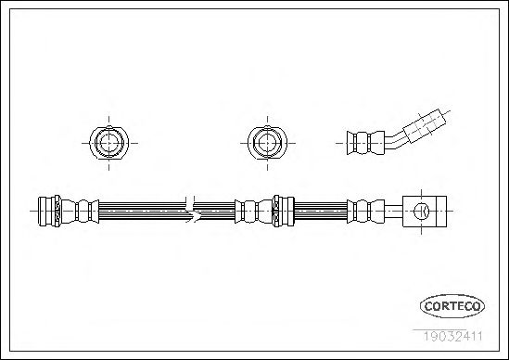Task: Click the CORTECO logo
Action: pos(452,306)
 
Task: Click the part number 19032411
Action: pos(452,336)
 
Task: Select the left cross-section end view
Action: pos(108,143)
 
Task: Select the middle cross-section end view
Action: pos(267,143)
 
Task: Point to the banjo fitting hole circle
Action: pos(421,212)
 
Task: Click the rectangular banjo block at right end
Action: pos(425,212)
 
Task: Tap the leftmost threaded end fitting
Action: pos(49,211)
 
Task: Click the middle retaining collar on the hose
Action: pos(284,211)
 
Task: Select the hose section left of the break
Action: pos(143,211)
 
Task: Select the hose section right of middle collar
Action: pos(321,211)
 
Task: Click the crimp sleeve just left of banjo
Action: pos(365,212)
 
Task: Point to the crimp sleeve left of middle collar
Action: pos(254,212)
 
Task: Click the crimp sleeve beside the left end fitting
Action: pos(80,212)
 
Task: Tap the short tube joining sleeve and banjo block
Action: pos(394,212)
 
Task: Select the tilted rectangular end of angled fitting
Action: pos(425,126)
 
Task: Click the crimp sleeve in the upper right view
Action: pos(365,143)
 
